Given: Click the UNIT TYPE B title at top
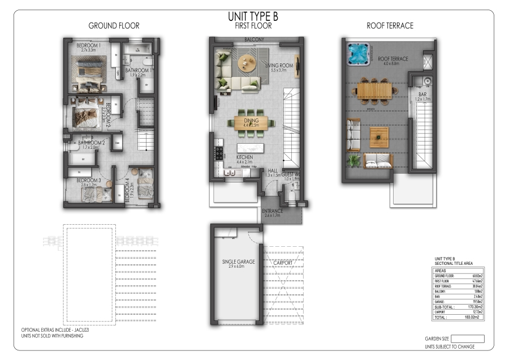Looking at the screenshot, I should pyautogui.click(x=253, y=17).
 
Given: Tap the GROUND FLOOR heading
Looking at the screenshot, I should pyautogui.click(x=114, y=26).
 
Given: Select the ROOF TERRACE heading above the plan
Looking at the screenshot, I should pyautogui.click(x=390, y=26).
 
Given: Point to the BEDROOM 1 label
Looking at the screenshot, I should pyautogui.click(x=88, y=45).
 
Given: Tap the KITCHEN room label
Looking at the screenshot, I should pyautogui.click(x=245, y=157).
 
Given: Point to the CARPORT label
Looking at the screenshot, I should pyautogui.click(x=282, y=263).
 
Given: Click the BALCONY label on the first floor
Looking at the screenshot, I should pyautogui.click(x=254, y=40).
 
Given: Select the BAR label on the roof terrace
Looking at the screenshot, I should pyautogui.click(x=422, y=95).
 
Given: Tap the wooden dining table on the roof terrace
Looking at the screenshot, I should pyautogui.click(x=374, y=90).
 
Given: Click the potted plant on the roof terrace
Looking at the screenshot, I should pyautogui.click(x=354, y=160).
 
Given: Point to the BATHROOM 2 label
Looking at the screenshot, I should pyautogui.click(x=92, y=143).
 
